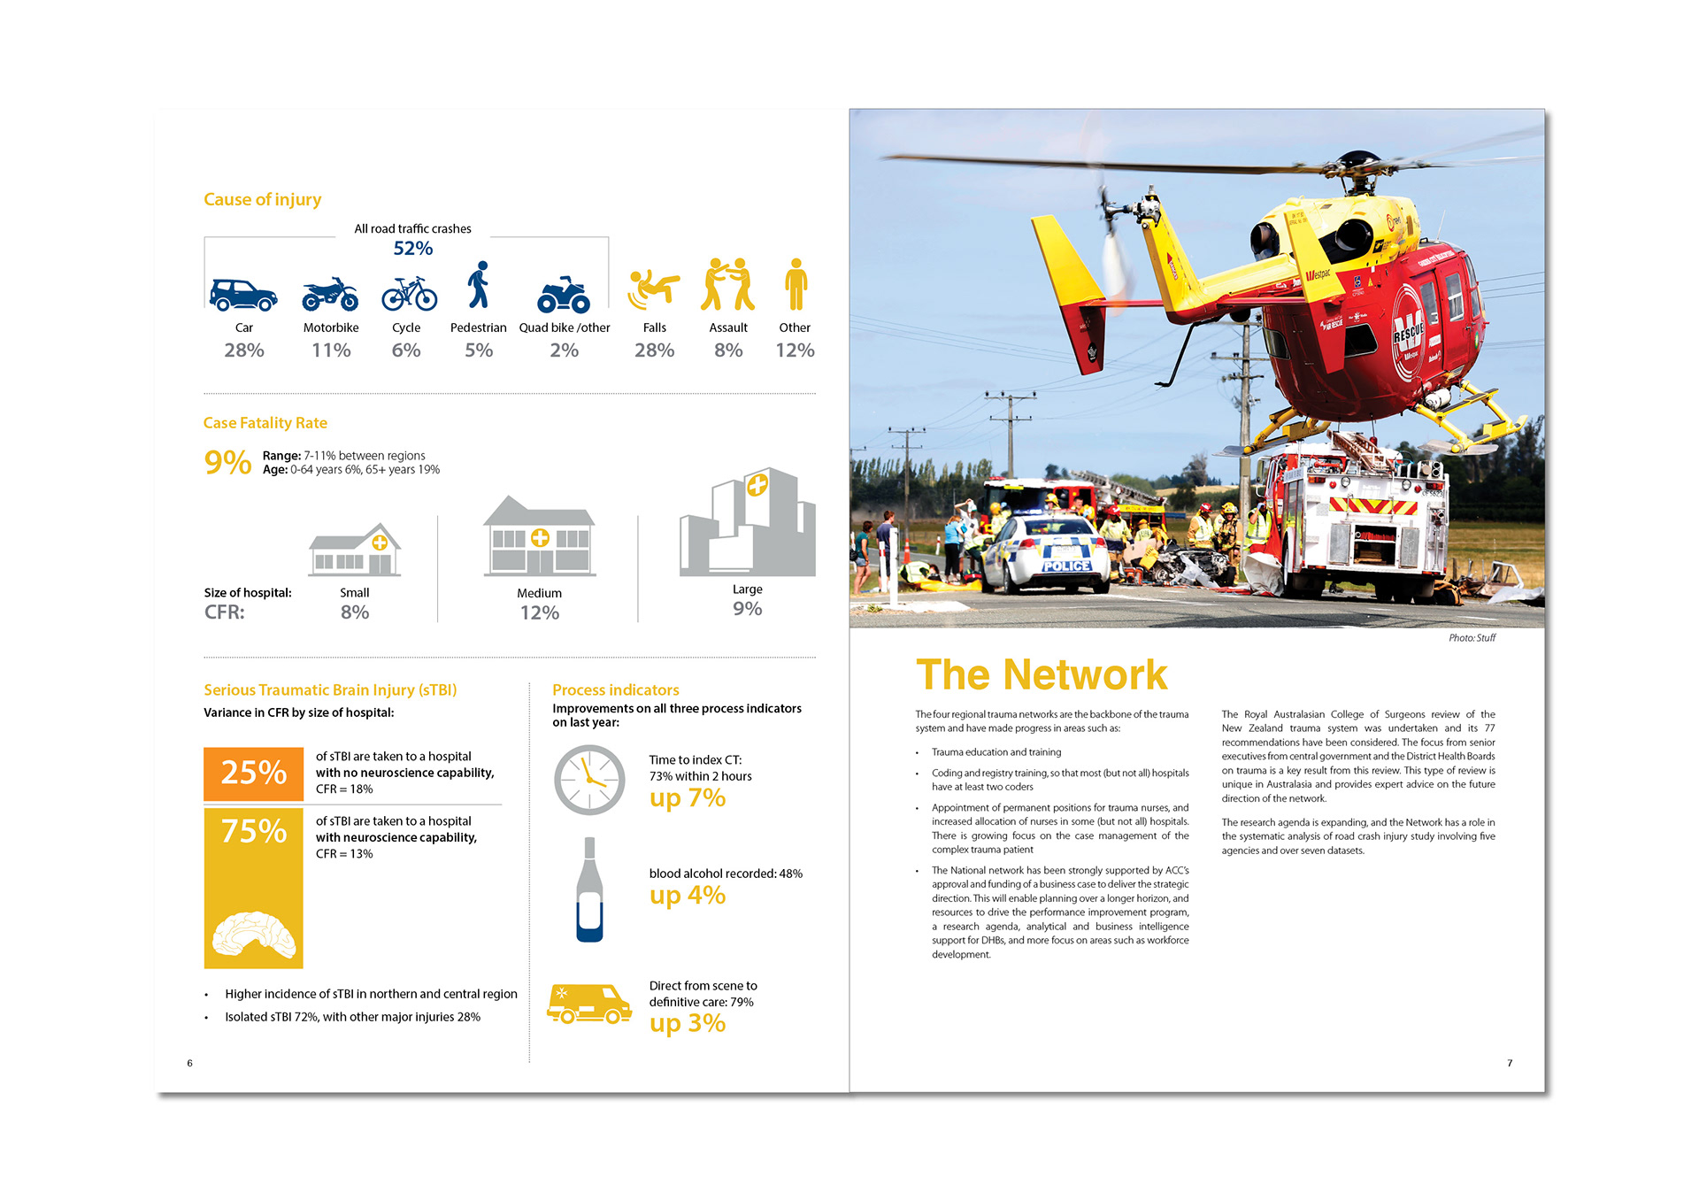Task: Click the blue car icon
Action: (243, 295)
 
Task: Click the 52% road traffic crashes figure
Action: (413, 249)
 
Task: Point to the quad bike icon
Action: (564, 295)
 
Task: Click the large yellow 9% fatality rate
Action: (227, 462)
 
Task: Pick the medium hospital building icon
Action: (539, 536)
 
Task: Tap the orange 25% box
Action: (254, 774)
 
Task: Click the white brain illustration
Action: (254, 936)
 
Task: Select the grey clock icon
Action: (589, 780)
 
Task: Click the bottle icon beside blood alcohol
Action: (589, 889)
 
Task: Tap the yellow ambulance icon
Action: (589, 1004)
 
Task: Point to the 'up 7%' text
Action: (688, 798)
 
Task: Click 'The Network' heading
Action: (1042, 674)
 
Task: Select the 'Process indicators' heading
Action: (616, 690)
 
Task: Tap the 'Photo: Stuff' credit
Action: (1472, 638)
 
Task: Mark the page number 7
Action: (1510, 1063)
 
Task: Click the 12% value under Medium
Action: (539, 613)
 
